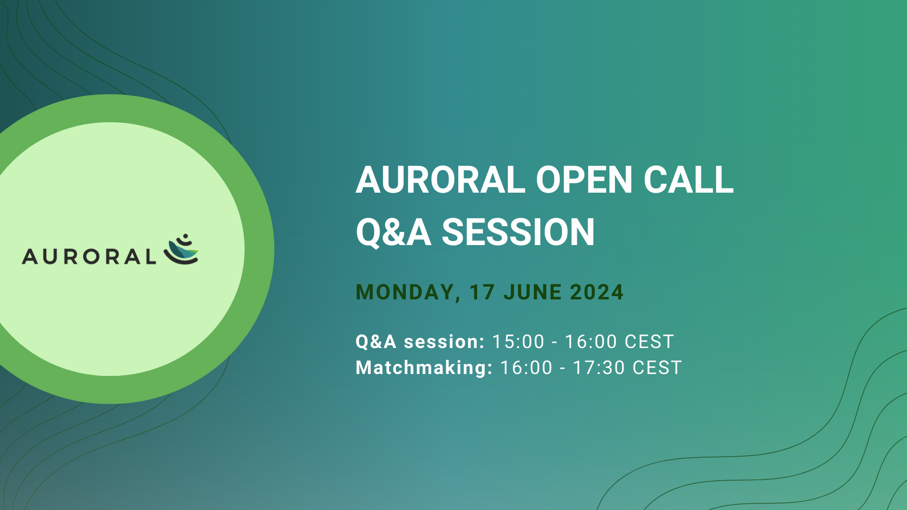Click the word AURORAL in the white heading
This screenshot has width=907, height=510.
440,180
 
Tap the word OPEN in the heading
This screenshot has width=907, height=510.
584,180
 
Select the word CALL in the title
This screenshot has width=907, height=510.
688,180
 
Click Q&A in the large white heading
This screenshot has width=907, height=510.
394,232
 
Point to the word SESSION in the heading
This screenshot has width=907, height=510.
518,232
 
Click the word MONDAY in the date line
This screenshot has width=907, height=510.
405,292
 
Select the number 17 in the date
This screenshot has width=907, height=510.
482,292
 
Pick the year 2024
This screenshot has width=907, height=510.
597,292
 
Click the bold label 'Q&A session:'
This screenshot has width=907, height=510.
420,342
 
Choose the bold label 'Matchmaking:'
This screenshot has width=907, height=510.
424,368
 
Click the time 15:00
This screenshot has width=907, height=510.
518,342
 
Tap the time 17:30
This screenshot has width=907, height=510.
599,368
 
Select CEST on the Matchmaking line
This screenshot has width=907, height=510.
657,368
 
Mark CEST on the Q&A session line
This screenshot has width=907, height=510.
649,342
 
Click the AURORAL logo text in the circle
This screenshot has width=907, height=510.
89,256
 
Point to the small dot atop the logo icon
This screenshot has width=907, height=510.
186,236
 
